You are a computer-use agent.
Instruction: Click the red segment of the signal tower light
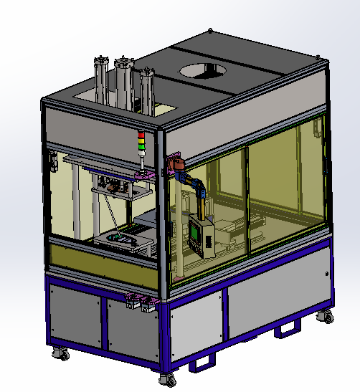[x=141, y=135]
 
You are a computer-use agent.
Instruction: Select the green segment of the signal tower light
[x=141, y=146]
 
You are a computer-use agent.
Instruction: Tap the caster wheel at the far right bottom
[x=326, y=315]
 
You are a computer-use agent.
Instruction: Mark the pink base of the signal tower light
[x=144, y=173]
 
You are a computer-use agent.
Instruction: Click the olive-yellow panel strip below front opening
[x=100, y=255]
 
